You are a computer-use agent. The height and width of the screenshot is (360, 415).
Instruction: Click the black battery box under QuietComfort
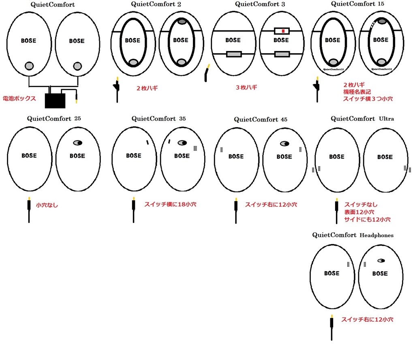55,100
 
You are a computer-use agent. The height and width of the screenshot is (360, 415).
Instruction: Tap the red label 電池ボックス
19,99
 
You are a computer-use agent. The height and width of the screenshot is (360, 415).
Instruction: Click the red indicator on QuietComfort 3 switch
283,31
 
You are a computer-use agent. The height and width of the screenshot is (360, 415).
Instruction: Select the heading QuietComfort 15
357,4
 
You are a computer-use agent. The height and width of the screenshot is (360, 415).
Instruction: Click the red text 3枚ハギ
247,87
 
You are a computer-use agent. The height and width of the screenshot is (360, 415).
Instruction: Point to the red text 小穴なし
47,205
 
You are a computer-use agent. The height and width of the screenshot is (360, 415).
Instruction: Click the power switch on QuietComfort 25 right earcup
77,143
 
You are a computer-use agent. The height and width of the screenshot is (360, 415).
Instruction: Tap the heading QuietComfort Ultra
362,119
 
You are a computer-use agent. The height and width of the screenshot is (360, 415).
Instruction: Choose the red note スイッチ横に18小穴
170,204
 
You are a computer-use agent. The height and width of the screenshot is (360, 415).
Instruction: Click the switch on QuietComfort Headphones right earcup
381,261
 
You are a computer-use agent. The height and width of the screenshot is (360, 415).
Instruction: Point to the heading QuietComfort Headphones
353,235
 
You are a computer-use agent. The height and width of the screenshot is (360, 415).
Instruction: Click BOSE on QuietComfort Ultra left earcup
336,157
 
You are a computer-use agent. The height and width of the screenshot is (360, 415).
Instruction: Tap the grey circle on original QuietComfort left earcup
29,66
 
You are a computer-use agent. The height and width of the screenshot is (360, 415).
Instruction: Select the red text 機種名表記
357,92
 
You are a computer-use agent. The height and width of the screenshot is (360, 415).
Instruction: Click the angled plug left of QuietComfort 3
207,73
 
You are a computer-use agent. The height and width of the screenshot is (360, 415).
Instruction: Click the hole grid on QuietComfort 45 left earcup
222,150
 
